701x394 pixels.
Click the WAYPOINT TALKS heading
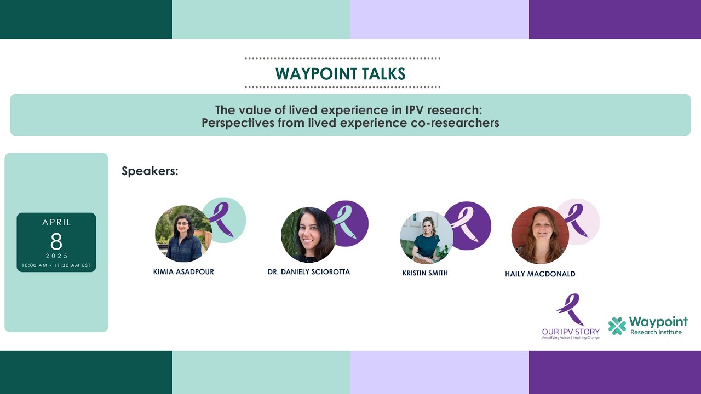tap(341, 73)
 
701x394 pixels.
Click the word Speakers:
tap(150, 171)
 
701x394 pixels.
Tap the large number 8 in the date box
tap(56, 241)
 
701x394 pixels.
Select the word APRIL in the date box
tap(56, 223)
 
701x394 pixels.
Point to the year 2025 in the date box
tap(56, 256)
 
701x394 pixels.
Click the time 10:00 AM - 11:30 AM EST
tap(56, 266)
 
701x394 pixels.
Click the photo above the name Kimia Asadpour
tap(183, 234)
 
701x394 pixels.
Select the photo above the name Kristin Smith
tap(427, 237)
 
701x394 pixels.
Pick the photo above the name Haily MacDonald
tap(539, 235)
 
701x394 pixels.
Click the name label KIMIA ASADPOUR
tap(183, 272)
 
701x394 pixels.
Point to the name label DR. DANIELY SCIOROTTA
tap(309, 272)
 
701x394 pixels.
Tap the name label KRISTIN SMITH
tap(425, 273)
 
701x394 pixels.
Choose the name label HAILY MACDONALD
tap(540, 274)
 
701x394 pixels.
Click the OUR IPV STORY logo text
tap(571, 332)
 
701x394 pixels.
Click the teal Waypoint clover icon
tap(617, 326)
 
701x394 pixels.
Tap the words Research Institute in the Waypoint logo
tap(656, 332)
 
